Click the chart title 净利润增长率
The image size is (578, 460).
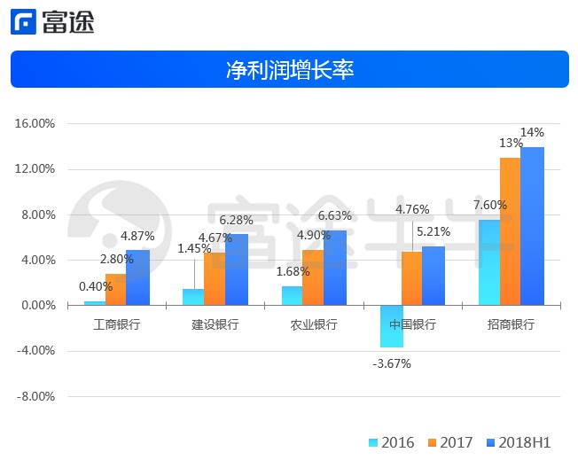290,70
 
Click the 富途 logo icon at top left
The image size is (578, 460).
24,21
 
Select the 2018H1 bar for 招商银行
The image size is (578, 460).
532,226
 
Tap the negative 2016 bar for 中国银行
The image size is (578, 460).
391,326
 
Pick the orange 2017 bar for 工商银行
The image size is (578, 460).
115,290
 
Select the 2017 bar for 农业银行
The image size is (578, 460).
313,277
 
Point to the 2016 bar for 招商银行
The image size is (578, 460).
489,262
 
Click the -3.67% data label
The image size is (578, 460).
390,363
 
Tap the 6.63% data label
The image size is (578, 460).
334,215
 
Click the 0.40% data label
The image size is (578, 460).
96,286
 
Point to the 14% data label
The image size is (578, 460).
532,133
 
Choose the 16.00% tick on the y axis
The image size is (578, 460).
35,124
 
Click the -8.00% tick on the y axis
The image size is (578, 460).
35,396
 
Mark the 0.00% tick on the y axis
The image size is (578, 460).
35,306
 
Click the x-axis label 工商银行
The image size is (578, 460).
117,324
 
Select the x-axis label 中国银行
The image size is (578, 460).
413,324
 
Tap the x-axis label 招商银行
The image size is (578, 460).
512,324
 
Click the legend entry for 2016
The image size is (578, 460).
390,442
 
